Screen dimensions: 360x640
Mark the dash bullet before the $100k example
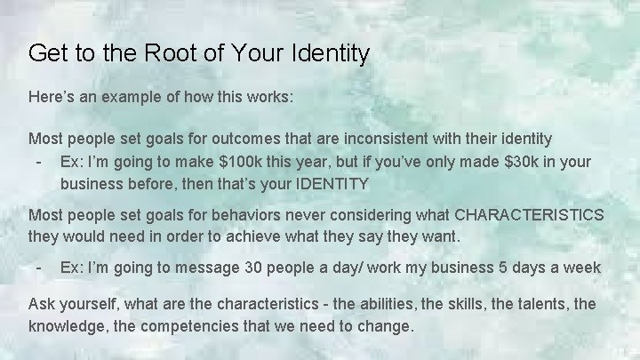point(38,162)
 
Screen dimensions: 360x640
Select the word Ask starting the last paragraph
point(43,305)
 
